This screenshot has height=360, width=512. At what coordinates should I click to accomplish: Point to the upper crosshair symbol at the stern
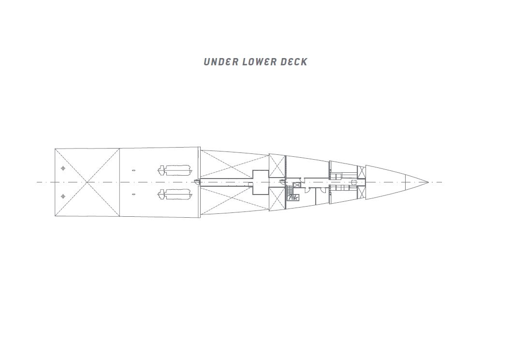pyautogui.click(x=63, y=168)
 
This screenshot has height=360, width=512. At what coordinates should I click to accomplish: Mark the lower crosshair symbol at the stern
pyautogui.click(x=63, y=196)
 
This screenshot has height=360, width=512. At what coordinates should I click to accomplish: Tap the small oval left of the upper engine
pyautogui.click(x=133, y=170)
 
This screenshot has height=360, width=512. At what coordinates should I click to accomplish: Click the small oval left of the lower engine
pyautogui.click(x=133, y=195)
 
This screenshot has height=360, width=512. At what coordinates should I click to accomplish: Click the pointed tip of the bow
pyautogui.click(x=428, y=182)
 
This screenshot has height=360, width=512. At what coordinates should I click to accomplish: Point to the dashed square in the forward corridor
pyautogui.click(x=354, y=182)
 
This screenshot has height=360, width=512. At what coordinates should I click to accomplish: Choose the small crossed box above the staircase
pyautogui.click(x=297, y=185)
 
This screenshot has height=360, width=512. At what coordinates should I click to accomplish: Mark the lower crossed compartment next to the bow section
pyautogui.click(x=362, y=192)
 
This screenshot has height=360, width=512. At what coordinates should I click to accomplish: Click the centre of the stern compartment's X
pyautogui.click(x=87, y=182)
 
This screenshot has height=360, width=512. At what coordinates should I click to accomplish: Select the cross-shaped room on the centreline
pyautogui.click(x=261, y=182)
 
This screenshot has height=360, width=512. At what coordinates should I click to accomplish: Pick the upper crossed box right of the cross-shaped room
pyautogui.click(x=277, y=165)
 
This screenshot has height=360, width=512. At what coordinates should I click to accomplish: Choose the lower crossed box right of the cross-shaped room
pyautogui.click(x=277, y=199)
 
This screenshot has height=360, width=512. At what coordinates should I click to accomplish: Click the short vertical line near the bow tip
pyautogui.click(x=405, y=182)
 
